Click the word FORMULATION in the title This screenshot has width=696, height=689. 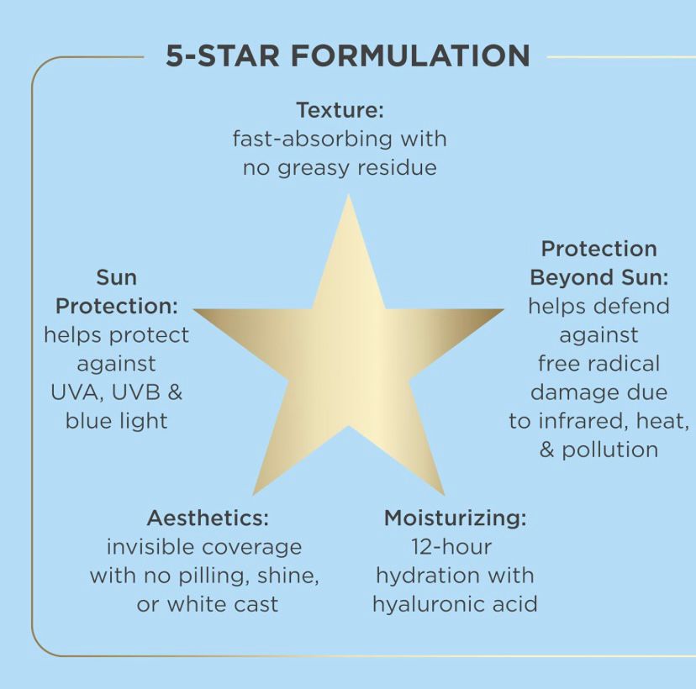tap(411, 55)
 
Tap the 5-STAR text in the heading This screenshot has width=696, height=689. tap(223, 55)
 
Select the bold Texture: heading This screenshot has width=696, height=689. tap(340, 110)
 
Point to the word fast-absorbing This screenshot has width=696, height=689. tap(312, 139)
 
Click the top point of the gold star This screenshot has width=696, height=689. tap(349, 195)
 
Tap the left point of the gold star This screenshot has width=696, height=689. tap(195, 310)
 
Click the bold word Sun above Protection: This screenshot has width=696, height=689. tap(116, 278)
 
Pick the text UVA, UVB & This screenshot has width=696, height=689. tap(116, 392)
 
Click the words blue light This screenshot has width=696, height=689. tap(116, 421)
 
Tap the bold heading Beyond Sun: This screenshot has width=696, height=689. tap(598, 278)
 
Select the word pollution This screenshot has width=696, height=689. tap(610, 450)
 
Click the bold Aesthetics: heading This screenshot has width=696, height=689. tap(208, 518)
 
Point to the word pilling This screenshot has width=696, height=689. tap(214, 576)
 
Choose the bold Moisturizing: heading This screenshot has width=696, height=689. tap(455, 518)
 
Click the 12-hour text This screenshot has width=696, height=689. tap(451, 547)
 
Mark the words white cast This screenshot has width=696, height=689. tap(223, 605)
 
